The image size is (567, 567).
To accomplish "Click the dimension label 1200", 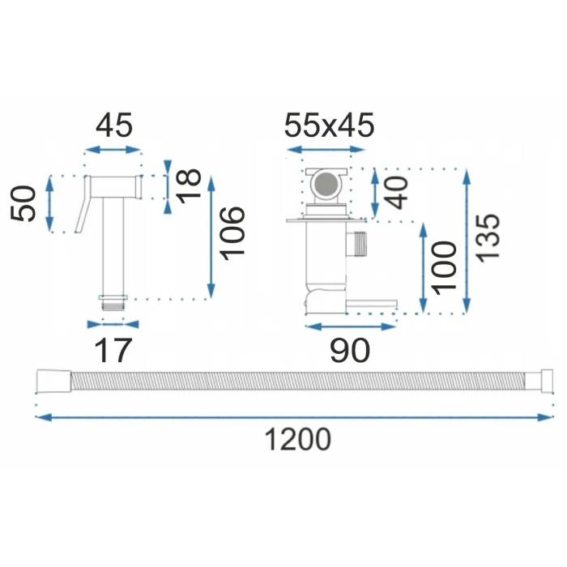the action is pos(298,439).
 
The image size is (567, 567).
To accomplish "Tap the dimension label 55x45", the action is pos(329,125).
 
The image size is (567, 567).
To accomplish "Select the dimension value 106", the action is pos(232,233).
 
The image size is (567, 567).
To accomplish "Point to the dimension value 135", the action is pos(487,237).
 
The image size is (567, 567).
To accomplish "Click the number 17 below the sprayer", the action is pos(112,350).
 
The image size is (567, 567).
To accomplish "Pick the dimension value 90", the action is pos(350,350).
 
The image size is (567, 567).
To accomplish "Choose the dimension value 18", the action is pos(188,185).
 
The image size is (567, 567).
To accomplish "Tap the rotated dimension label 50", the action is pos(23,202).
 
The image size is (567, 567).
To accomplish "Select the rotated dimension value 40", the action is pos(396,193).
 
